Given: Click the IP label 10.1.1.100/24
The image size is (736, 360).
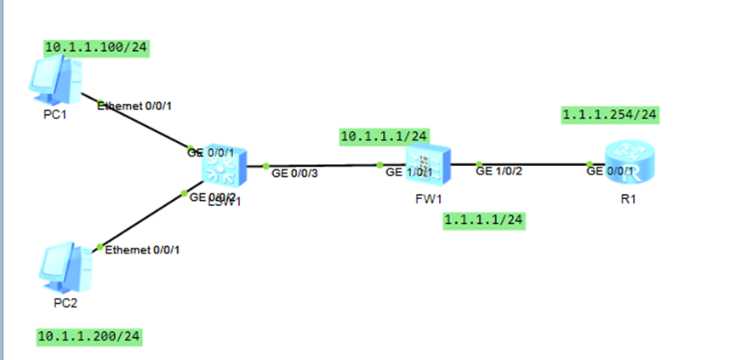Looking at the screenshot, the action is pos(97,48).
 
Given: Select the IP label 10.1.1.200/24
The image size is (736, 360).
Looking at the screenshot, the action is pos(88,337).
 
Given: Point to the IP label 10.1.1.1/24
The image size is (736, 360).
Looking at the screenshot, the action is pos(384,136).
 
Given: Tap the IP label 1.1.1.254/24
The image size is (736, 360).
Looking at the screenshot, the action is pos(610,114).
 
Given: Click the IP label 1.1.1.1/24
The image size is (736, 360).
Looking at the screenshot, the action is pos(484,221).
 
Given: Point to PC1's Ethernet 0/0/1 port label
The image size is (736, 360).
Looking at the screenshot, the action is pos(140,106).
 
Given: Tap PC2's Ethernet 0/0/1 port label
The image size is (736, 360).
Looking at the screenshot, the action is pos(143,249).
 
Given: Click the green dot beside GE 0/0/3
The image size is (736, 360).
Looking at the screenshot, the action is pos(265,166).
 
